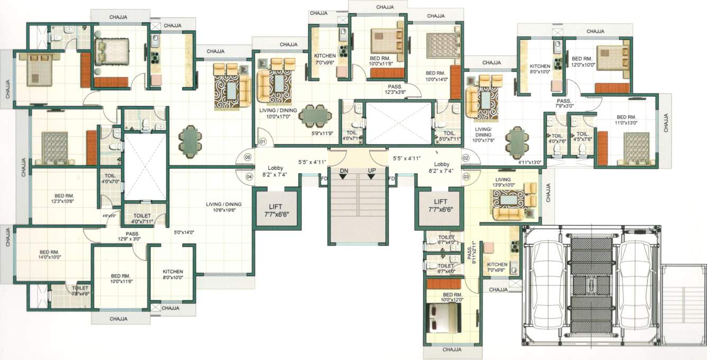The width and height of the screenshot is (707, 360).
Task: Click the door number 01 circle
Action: (x=262, y=142)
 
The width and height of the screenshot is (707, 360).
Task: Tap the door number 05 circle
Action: (x=247, y=157)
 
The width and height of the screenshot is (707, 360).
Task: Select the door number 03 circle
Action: (x=466, y=176)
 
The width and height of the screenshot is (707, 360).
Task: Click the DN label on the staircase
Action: (x=344, y=170)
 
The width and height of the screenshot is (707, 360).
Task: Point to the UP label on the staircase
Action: (x=371, y=170)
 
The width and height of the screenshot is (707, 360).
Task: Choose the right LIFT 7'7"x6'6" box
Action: (x=440, y=205)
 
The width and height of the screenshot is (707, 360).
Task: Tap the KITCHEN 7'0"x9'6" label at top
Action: (x=325, y=59)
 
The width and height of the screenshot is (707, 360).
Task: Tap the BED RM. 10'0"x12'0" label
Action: (x=453, y=297)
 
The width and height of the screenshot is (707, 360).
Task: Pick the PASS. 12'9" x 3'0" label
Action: (x=132, y=237)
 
